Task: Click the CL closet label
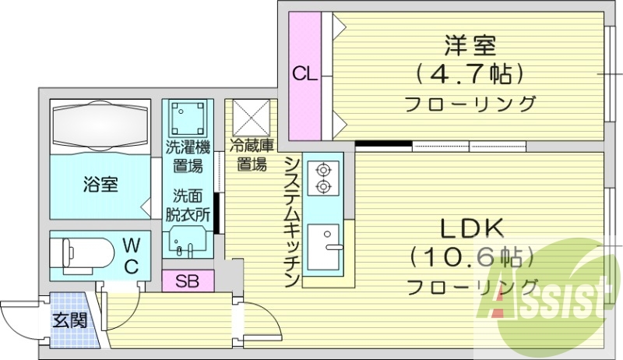304,75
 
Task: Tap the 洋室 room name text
470,44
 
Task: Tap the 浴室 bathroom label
100,185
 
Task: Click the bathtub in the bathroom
98,124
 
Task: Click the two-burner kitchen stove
320,178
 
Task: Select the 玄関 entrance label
69,319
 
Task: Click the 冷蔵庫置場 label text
251,155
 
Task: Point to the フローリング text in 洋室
470,104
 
